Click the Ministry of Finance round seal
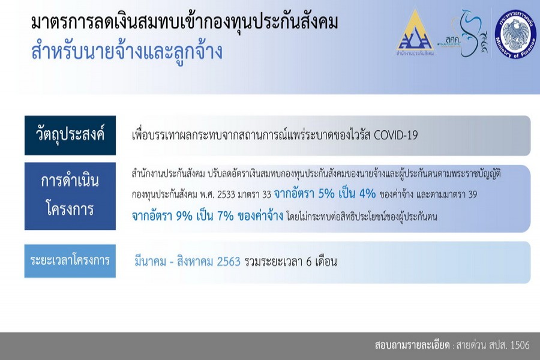515,34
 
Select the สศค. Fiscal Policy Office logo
462,34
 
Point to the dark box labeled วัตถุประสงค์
70,135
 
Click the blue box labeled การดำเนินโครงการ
70,196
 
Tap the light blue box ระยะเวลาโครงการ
70,261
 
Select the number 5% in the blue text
326,194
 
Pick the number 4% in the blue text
367,194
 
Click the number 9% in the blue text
184,216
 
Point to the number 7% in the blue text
226,216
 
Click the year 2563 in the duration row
229,262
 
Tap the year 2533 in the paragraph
226,195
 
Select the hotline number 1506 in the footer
520,345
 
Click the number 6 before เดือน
308,262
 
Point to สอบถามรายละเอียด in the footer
412,345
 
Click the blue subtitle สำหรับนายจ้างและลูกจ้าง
127,52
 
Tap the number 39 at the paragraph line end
473,195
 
